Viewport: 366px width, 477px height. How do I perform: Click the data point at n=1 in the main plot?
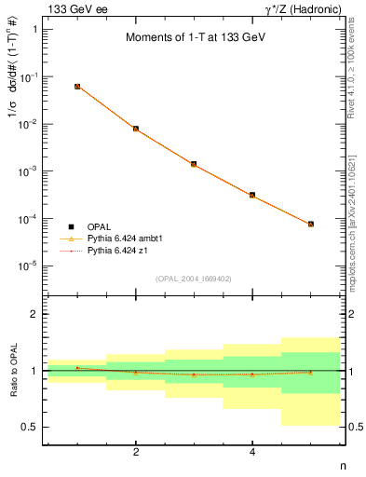77,86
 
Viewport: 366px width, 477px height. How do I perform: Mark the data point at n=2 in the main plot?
136,129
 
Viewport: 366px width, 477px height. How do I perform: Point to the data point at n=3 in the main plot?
194,164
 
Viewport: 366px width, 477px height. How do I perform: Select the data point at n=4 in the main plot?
252,195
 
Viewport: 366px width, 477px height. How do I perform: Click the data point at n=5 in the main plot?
310,224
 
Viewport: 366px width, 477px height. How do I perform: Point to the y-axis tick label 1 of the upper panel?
35,29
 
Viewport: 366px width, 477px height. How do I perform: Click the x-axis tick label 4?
252,453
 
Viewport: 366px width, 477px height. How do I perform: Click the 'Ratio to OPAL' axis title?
10,371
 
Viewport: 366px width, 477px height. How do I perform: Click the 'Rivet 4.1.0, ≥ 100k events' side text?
357,84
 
